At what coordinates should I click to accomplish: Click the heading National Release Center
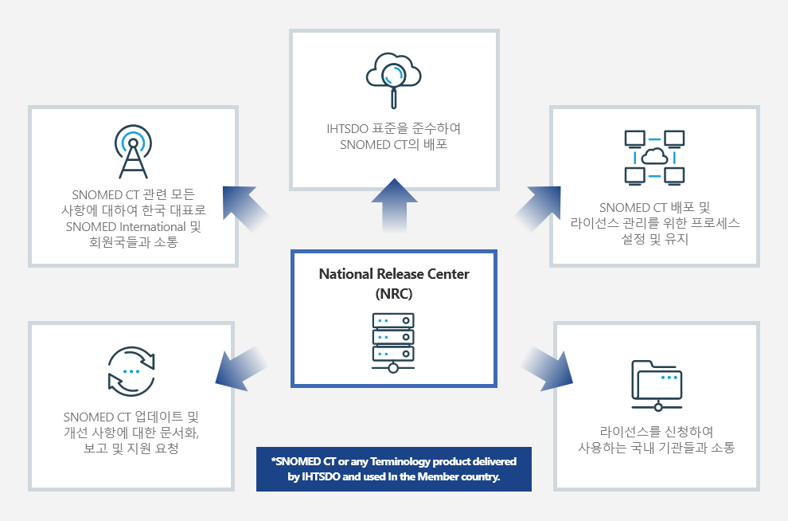[394, 274]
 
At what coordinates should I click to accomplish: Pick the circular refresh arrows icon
[131, 371]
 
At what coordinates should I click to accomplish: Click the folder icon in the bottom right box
[657, 385]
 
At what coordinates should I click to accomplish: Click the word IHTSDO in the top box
[345, 128]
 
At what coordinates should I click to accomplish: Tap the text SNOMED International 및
[133, 226]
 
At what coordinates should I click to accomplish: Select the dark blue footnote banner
[394, 469]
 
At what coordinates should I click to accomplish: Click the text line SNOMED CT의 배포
[394, 144]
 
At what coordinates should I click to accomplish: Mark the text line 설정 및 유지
[654, 238]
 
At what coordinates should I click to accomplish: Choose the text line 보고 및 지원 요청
[131, 449]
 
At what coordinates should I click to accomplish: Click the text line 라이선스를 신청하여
[657, 431]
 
